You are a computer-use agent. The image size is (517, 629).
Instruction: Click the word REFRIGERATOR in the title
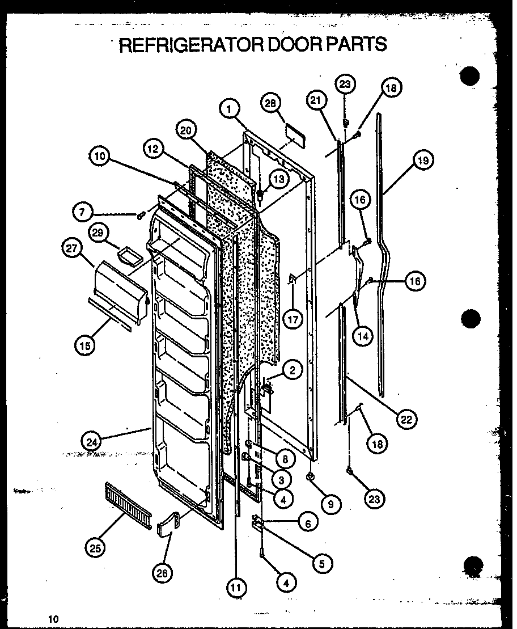tap(188, 44)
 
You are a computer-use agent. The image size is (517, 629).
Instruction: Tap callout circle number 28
tap(270, 103)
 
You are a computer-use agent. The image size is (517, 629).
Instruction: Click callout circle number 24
tap(91, 440)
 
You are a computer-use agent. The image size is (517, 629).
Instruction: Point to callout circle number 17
tap(293, 319)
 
